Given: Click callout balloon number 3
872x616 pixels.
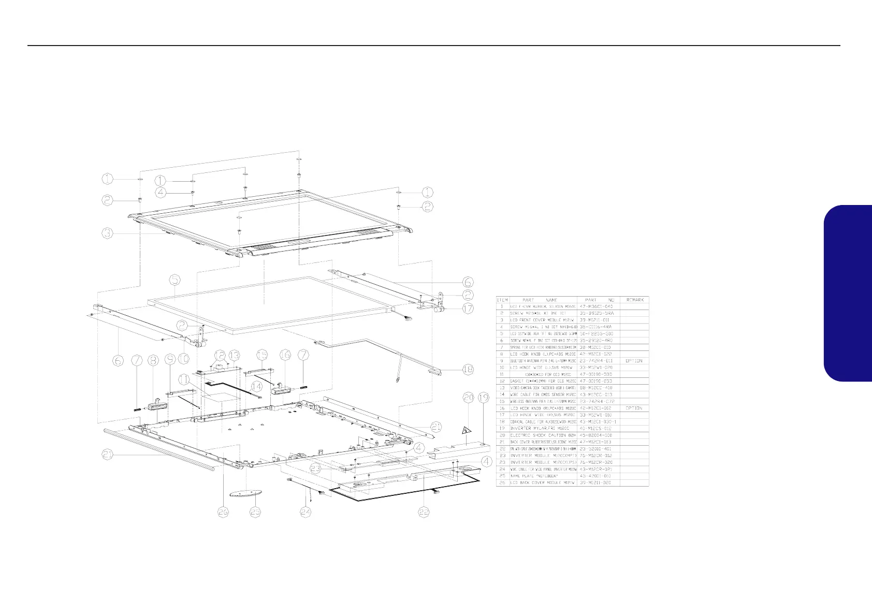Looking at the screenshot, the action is tap(107, 233).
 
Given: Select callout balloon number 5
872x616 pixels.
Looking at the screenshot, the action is tap(175, 280).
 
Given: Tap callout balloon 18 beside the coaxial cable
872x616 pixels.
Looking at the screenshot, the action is tap(468, 369).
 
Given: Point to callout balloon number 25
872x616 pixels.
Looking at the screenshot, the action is tap(255, 512).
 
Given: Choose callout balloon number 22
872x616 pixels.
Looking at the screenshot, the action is tap(424, 512).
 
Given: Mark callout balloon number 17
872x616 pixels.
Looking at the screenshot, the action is tap(468, 309).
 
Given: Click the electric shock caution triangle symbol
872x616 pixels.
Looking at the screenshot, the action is tap(468, 429).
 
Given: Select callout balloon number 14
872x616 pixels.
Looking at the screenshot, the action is tap(256, 386).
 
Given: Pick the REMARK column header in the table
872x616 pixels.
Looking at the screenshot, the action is tap(634, 300).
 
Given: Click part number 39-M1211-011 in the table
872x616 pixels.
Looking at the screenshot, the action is tap(598, 320).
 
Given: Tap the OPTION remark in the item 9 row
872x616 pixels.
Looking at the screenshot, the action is tap(634, 361).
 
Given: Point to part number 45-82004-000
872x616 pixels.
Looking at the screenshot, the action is tap(598, 435).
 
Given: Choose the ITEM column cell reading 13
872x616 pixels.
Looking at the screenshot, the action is tap(502, 388).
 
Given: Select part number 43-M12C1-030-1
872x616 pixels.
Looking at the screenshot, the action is tap(600, 422).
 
